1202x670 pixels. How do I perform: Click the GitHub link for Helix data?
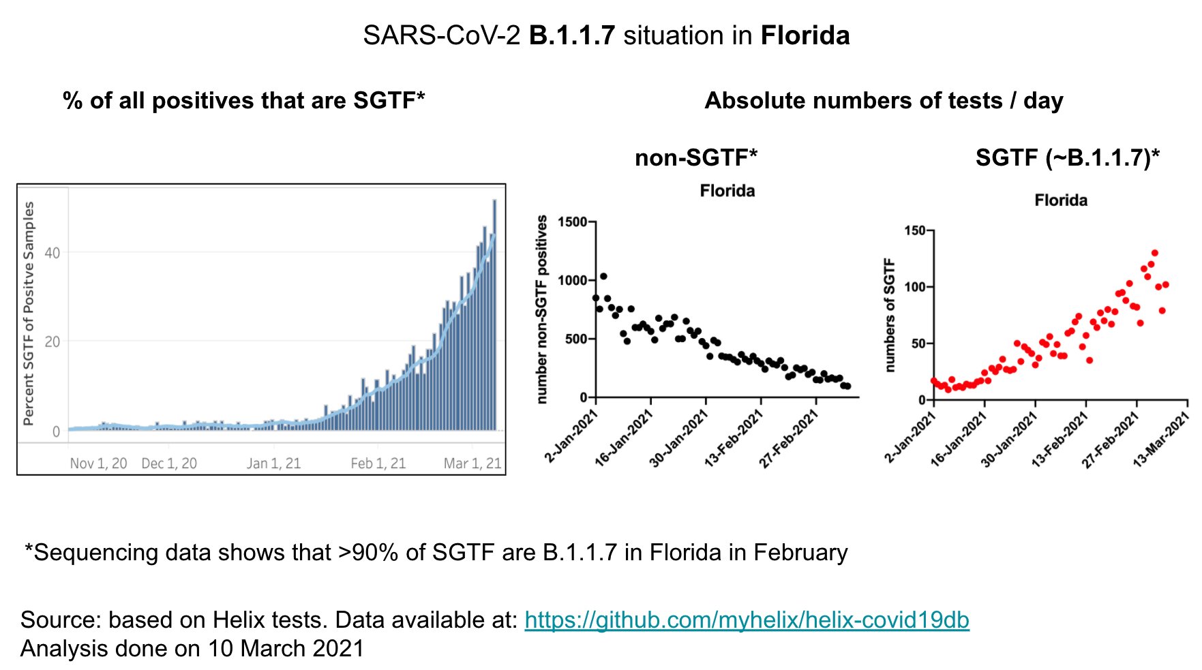pyautogui.click(x=747, y=620)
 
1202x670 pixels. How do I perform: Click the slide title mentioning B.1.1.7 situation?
pyautogui.click(x=606, y=35)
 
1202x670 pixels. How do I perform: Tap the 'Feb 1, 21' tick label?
pyautogui.click(x=378, y=463)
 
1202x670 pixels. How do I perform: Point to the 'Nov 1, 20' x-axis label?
pyautogui.click(x=98, y=463)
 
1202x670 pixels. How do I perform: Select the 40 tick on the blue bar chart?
pyautogui.click(x=52, y=253)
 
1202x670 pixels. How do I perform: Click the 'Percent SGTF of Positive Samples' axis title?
pyautogui.click(x=29, y=314)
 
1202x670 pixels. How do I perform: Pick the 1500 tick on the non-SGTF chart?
pyautogui.click(x=572, y=222)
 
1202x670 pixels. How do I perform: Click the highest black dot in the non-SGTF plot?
pyautogui.click(x=603, y=277)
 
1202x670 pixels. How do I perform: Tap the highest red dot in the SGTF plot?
pyautogui.click(x=1154, y=253)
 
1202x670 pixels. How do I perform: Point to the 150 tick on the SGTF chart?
pyautogui.click(x=915, y=230)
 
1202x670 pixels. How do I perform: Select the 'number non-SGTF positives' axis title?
pyautogui.click(x=543, y=309)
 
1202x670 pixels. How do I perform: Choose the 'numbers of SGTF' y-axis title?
pyautogui.click(x=889, y=315)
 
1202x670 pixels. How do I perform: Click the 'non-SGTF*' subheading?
pyautogui.click(x=695, y=157)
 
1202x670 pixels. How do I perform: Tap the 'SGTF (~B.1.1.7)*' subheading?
pyautogui.click(x=1067, y=157)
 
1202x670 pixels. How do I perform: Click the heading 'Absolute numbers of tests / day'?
pyautogui.click(x=884, y=101)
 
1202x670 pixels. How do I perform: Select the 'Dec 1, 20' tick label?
pyautogui.click(x=169, y=463)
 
